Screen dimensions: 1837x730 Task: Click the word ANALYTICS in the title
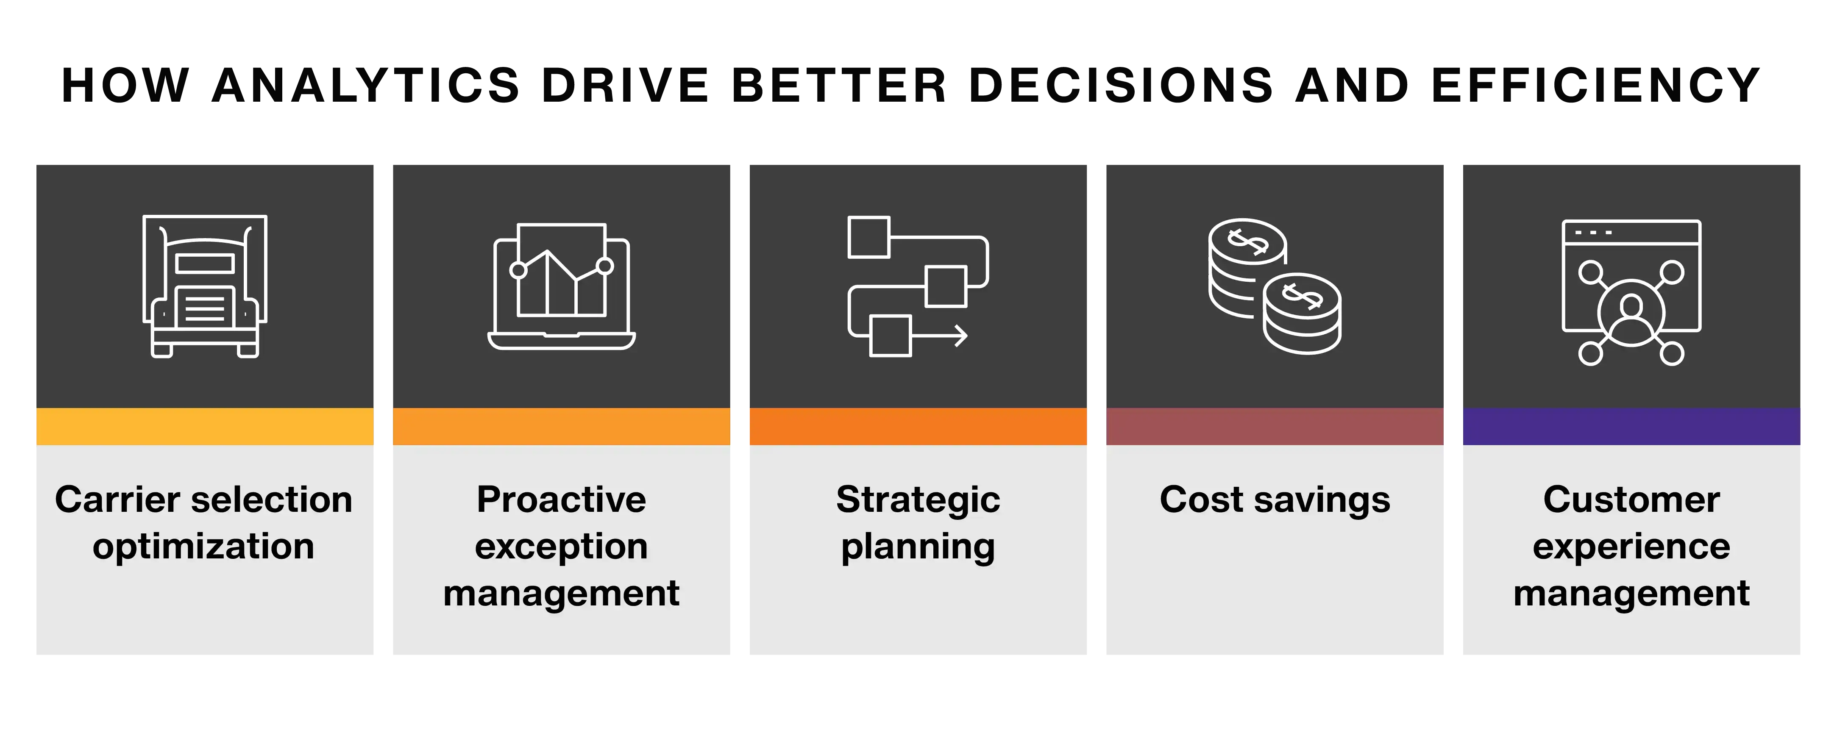click(366, 86)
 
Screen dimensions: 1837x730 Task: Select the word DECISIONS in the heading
click(1121, 86)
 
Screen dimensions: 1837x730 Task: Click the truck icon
click(205, 286)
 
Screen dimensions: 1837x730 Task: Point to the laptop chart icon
click(561, 286)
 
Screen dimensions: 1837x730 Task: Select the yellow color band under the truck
click(205, 426)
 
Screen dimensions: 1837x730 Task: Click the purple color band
click(1631, 426)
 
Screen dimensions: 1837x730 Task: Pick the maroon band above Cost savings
click(1275, 426)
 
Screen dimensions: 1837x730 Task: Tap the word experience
click(1631, 547)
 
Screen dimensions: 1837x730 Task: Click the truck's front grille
click(205, 307)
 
